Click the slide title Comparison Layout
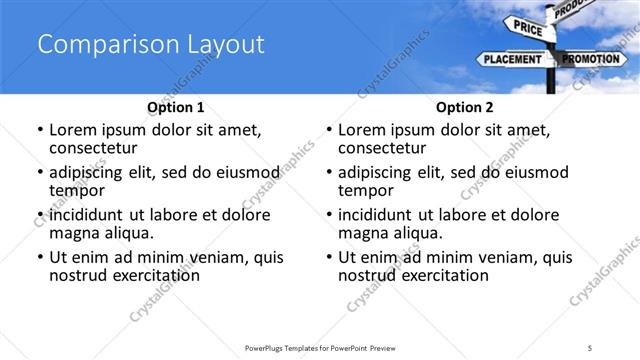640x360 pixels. (151, 44)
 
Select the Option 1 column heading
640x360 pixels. (175, 106)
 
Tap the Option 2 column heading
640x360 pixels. (464, 106)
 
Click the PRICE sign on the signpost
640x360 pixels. (529, 28)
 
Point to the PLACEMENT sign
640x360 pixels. (513, 60)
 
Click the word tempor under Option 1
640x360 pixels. (76, 190)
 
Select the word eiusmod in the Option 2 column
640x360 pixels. (533, 172)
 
